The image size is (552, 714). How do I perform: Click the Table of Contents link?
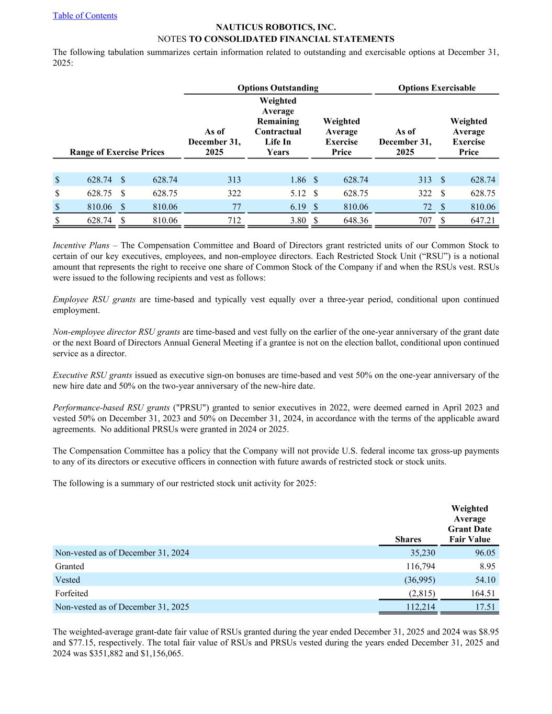point(85,16)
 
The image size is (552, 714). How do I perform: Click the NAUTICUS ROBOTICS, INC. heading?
point(276,27)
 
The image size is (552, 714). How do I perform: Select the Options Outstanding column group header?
point(277,88)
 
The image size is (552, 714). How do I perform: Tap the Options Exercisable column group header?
point(436,88)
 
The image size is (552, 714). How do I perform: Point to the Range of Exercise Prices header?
point(117,152)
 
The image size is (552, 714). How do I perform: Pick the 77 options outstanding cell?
point(235,207)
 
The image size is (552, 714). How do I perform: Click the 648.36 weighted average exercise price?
point(355,221)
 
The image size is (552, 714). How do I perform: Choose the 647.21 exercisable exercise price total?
point(482,221)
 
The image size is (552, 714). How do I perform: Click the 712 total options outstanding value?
point(234,221)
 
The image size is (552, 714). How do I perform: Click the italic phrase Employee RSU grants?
point(94,300)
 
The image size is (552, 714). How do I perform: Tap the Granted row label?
point(70,566)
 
